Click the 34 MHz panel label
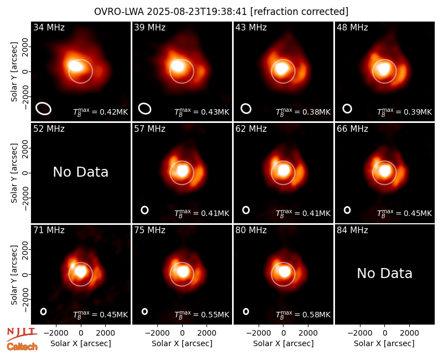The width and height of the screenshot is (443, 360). click(x=49, y=27)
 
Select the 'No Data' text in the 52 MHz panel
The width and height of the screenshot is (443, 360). click(x=80, y=172)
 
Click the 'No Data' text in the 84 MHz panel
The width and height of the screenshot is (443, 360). click(x=384, y=273)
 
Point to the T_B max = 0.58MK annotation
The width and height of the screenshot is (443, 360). click(x=303, y=315)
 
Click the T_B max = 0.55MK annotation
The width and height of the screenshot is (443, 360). click(x=202, y=315)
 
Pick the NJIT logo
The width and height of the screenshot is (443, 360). click(x=22, y=334)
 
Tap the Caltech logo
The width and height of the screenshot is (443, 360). click(x=22, y=347)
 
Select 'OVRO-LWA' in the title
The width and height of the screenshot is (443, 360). click(x=119, y=12)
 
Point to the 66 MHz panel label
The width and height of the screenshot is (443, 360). click(x=352, y=129)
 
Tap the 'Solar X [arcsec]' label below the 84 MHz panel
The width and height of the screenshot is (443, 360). click(x=384, y=343)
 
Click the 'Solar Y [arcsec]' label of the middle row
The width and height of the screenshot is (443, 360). click(x=14, y=173)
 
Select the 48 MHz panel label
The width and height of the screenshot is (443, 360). click(x=352, y=27)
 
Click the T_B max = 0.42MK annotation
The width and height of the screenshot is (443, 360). click(x=101, y=112)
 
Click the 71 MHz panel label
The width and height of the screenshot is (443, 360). click(x=49, y=230)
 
